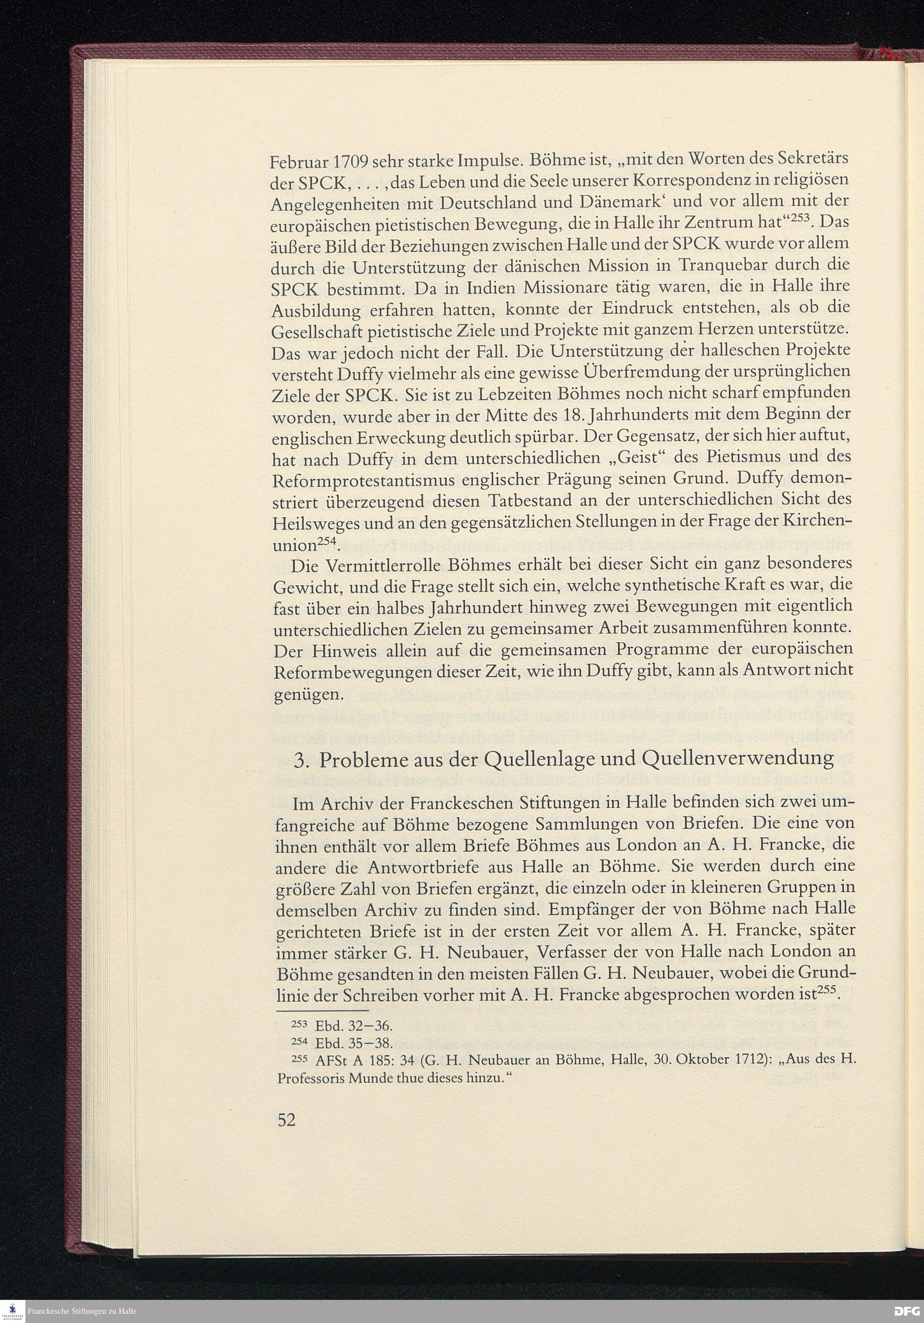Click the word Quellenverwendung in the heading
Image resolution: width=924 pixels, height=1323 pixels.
tap(737, 759)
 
